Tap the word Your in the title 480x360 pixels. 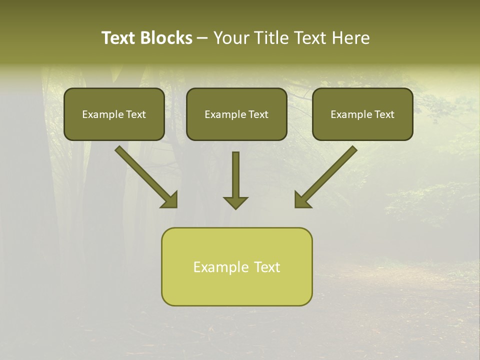[x=233, y=38]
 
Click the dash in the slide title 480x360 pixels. [x=202, y=38]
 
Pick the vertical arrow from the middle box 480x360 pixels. [x=235, y=175]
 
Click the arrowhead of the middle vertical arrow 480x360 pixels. [x=235, y=202]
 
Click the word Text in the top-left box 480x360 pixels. [x=136, y=114]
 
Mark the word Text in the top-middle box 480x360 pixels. [x=258, y=114]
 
